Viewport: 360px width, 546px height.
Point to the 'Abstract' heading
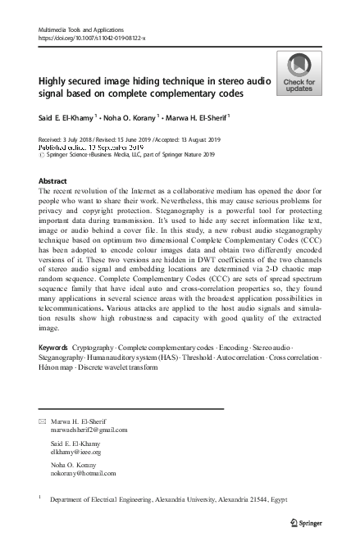click(53, 179)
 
